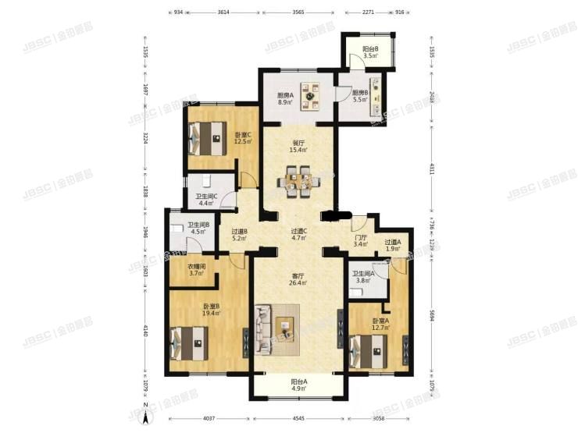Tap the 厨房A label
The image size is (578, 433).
284,98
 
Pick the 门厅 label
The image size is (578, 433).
360,241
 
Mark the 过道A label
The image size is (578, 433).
392,246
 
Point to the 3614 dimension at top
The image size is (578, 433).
223,13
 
